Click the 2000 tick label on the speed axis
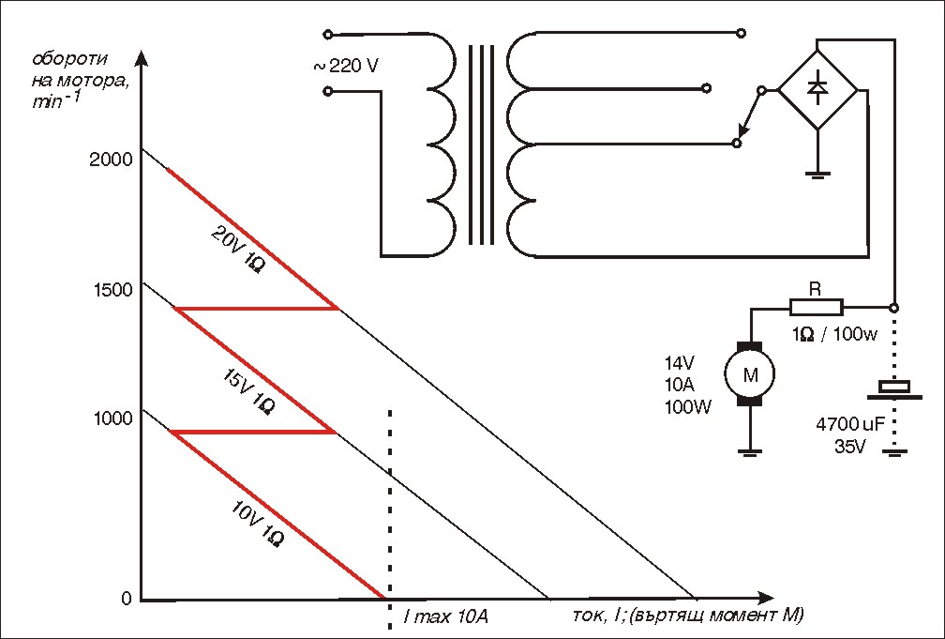click(x=110, y=160)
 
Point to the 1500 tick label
click(x=112, y=290)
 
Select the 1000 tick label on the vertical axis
click(x=112, y=418)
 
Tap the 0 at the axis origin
click(x=126, y=599)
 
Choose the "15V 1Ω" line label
click(x=248, y=392)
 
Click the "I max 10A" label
click(x=445, y=617)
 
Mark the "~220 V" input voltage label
click(x=346, y=65)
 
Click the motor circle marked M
click(x=750, y=375)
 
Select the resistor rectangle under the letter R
click(x=816, y=308)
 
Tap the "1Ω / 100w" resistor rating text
click(x=835, y=334)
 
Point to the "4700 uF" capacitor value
click(x=849, y=424)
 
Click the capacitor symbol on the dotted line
click(x=894, y=389)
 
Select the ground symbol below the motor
click(x=750, y=452)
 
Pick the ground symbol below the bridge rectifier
click(x=817, y=175)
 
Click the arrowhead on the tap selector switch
click(x=743, y=131)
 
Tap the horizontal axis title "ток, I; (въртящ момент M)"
click(x=688, y=616)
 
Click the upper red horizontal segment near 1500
click(x=256, y=309)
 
